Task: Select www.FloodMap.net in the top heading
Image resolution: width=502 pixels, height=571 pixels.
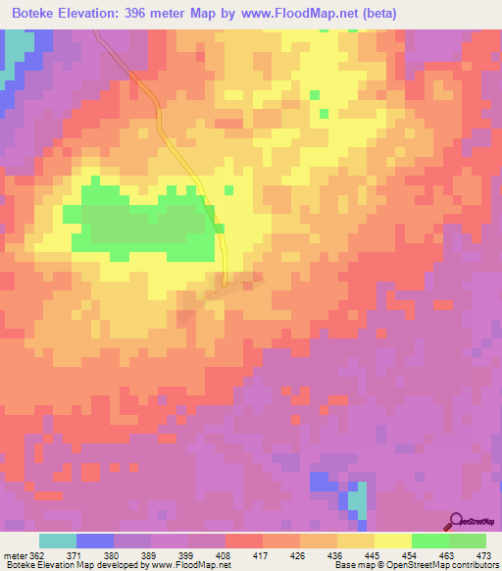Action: pyautogui.click(x=295, y=13)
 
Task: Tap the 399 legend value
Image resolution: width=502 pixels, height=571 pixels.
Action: pyautogui.click(x=187, y=554)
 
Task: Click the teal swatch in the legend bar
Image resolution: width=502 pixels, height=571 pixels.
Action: pyautogui.click(x=58, y=541)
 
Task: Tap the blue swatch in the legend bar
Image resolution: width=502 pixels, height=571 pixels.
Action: pyautogui.click(x=95, y=541)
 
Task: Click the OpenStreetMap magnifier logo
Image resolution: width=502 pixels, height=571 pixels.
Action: pyautogui.click(x=456, y=521)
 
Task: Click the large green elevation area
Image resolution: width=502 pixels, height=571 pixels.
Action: pyautogui.click(x=147, y=226)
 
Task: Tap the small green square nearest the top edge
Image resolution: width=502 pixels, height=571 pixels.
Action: pyautogui.click(x=314, y=95)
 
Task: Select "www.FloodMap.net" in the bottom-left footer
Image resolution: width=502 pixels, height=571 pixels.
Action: pyautogui.click(x=193, y=565)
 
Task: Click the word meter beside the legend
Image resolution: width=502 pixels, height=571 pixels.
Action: pyautogui.click(x=14, y=554)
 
